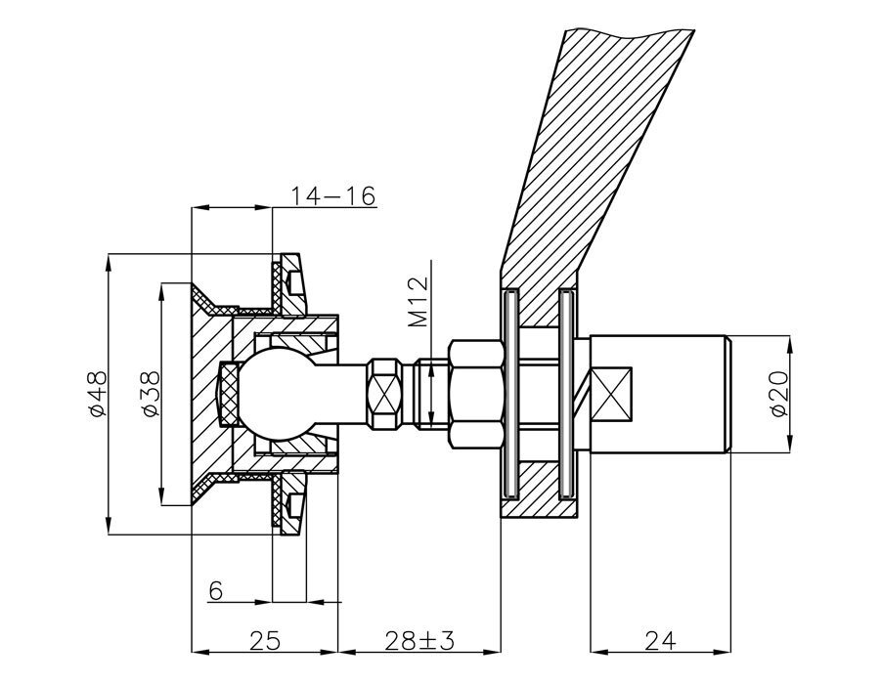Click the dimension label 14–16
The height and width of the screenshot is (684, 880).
pos(332,195)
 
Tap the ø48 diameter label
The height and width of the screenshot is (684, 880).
pos(97,395)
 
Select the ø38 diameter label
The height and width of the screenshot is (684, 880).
pos(150,395)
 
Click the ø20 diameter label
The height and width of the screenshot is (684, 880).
pos(779,395)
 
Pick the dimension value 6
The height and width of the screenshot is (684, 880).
pos(216,590)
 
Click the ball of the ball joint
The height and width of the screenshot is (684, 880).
pos(268,395)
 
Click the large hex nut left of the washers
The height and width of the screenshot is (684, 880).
pos(475,395)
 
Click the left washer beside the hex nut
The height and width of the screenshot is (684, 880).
pos(509,395)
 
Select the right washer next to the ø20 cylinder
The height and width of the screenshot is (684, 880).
pos(564,395)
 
